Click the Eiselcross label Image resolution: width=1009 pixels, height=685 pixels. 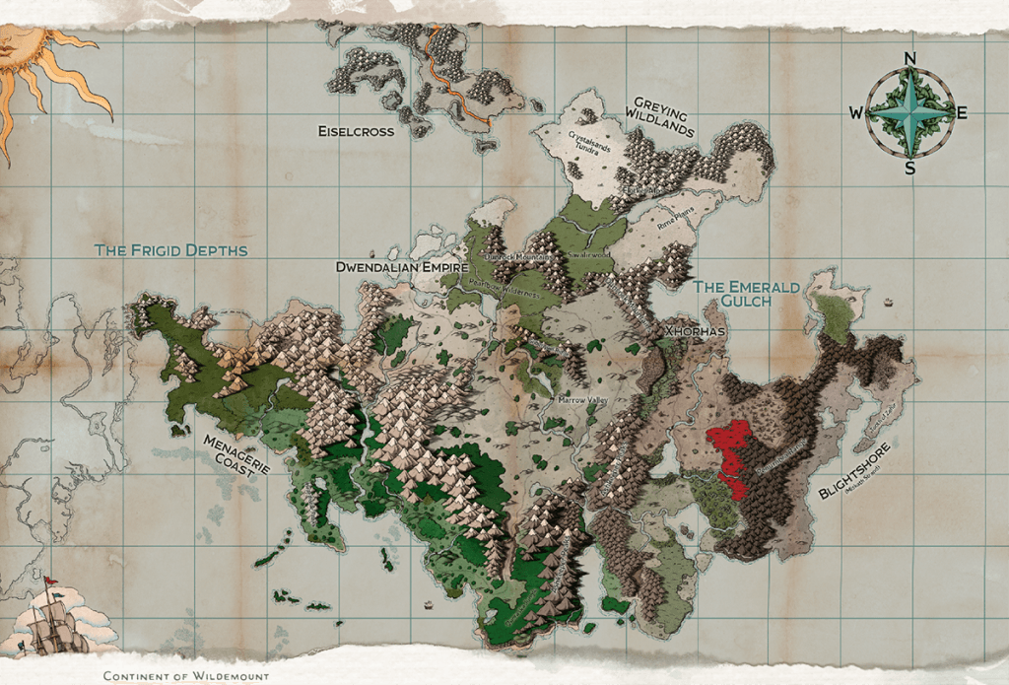coord(357,131)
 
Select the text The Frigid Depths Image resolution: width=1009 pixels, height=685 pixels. coord(170,250)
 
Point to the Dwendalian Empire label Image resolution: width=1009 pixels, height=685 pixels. coord(401,266)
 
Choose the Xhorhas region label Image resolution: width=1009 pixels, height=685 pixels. coord(695,331)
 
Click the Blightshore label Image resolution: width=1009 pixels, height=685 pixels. coord(854,471)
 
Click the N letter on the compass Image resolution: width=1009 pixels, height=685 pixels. coord(909,58)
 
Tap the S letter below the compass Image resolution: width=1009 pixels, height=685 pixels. coord(909,168)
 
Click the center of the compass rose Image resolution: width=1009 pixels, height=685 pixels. coord(909,112)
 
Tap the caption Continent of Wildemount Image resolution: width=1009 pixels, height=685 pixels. coord(186,676)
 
